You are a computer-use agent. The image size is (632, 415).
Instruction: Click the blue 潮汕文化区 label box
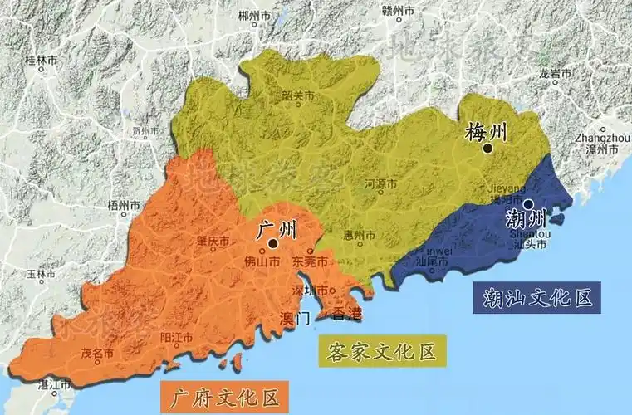click(x=535, y=297)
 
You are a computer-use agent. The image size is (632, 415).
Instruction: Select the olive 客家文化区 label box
click(x=383, y=351)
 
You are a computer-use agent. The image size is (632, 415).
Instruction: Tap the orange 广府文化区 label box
click(x=225, y=393)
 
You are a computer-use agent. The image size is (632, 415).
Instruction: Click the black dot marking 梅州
click(x=488, y=149)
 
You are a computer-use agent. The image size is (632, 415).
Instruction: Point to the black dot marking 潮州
click(x=528, y=203)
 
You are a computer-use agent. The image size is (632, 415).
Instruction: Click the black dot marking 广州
click(x=272, y=243)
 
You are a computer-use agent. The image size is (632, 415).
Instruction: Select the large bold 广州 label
click(x=272, y=227)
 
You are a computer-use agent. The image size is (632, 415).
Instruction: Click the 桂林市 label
click(x=41, y=61)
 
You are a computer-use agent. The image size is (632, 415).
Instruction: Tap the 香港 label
click(x=347, y=314)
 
